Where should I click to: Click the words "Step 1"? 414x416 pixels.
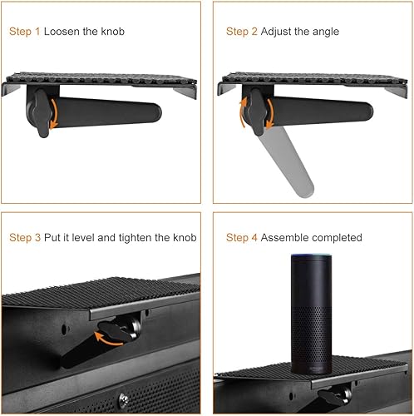24,32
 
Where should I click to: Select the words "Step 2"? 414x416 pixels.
241,32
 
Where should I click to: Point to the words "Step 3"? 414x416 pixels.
25,238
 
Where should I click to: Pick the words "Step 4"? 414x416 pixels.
241,238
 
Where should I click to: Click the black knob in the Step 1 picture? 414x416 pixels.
42,113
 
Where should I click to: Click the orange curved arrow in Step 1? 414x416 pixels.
55,113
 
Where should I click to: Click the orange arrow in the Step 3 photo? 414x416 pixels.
108,339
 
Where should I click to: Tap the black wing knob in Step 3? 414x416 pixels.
116,331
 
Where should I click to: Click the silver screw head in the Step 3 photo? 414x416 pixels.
124,399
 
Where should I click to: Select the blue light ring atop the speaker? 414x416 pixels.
311,255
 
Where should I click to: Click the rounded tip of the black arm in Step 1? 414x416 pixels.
155,113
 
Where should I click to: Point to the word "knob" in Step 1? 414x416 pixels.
112,32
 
